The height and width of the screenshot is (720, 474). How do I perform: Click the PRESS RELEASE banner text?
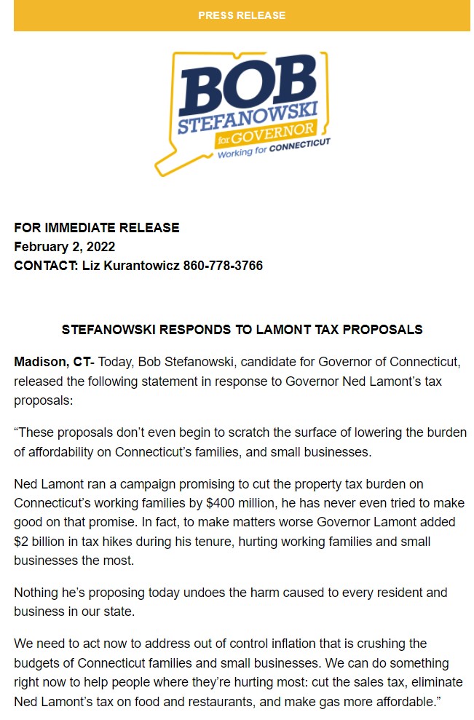coord(242,15)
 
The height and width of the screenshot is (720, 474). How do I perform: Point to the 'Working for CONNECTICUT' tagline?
coord(274,149)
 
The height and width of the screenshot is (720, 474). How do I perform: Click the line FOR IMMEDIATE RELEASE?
coord(97,228)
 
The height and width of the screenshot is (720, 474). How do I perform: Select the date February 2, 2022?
coord(65,247)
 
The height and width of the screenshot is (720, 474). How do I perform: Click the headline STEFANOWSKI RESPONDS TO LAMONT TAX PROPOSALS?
coord(242,330)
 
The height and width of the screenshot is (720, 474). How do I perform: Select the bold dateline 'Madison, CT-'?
coord(55,362)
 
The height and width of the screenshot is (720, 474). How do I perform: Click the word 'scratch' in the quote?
coord(240,432)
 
